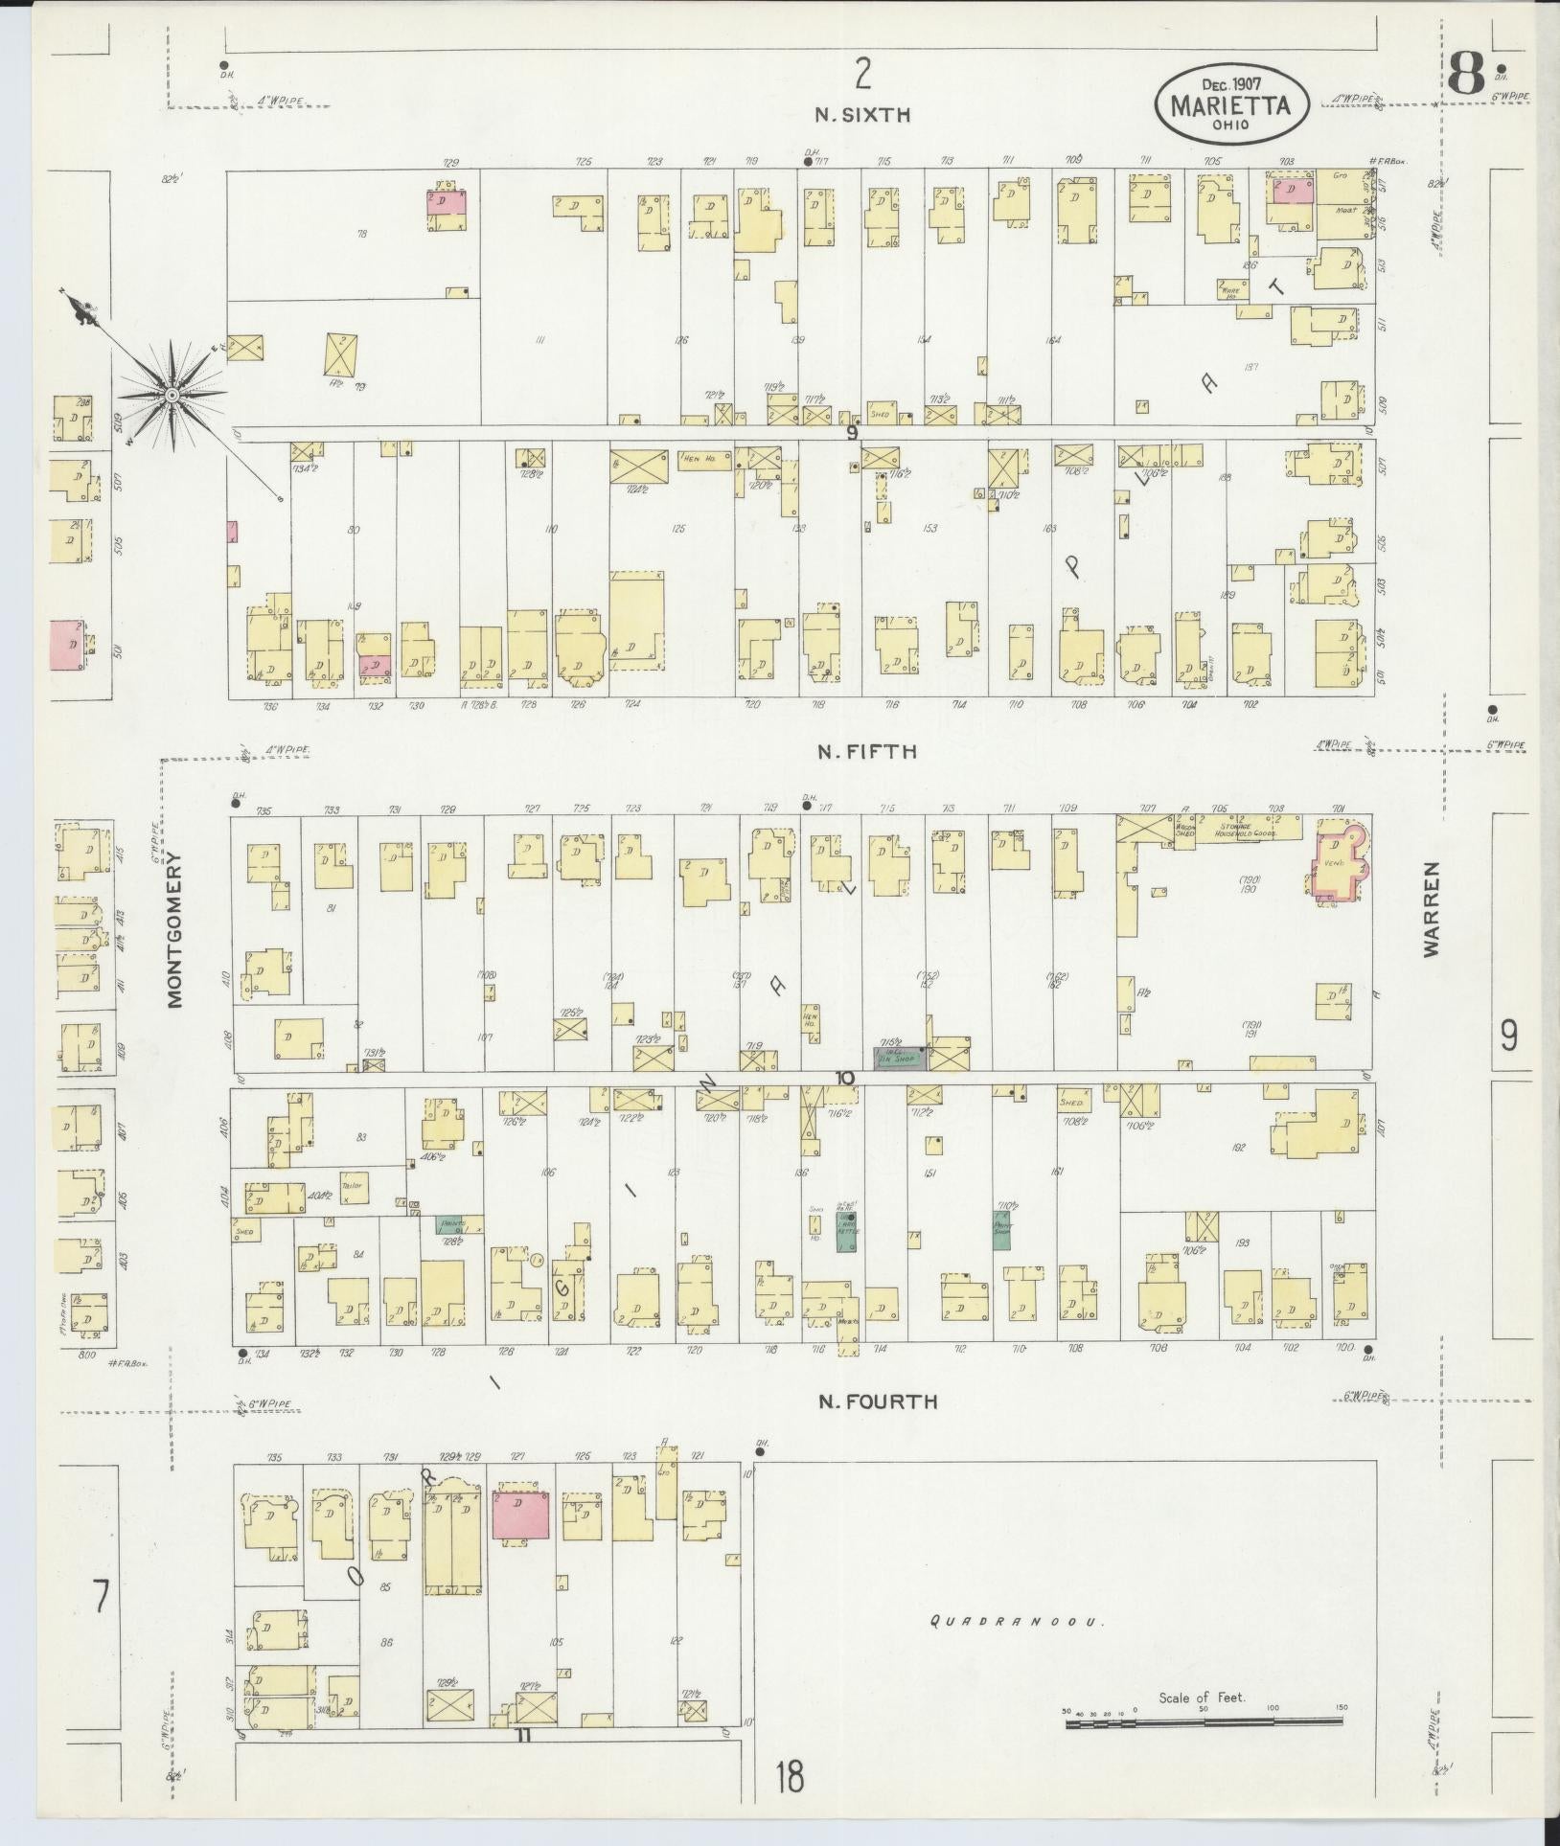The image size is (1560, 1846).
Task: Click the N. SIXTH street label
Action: coord(861,115)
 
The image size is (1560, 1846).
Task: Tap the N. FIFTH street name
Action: coord(866,752)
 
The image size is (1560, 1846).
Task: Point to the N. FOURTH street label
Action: coord(877,1402)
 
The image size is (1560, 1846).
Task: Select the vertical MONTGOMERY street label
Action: coord(174,945)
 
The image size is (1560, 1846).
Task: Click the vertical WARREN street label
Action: coord(1431,908)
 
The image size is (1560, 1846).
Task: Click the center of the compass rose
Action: coord(172,395)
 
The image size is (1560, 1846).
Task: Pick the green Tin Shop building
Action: coord(899,1057)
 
